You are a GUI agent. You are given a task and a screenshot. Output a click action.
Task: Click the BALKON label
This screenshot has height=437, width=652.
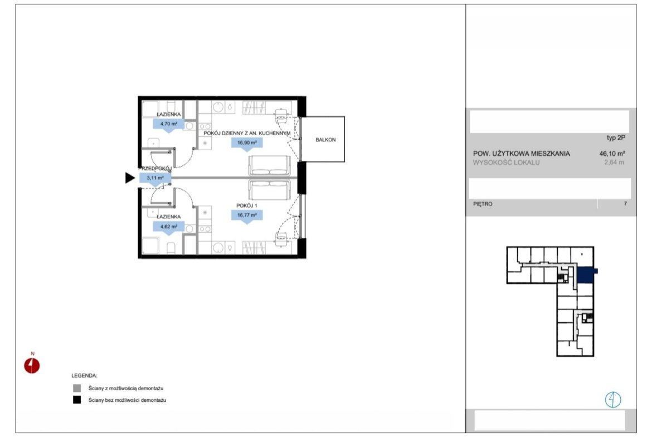[x=325, y=140]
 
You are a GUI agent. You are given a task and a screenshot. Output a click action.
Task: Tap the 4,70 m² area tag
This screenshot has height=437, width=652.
[x=169, y=125]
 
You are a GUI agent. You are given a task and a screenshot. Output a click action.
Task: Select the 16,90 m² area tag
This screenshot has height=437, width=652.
[x=247, y=144]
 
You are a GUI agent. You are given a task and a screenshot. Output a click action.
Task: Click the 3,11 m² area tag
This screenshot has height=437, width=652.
[x=155, y=179]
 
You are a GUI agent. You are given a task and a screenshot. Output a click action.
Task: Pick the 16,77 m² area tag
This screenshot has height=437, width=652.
[x=247, y=217]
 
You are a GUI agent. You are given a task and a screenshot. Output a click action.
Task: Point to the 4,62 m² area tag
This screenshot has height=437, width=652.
[x=169, y=228]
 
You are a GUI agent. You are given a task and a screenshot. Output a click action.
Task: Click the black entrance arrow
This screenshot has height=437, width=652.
[x=130, y=178]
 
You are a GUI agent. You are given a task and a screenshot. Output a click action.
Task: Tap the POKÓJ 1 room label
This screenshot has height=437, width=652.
[x=246, y=205]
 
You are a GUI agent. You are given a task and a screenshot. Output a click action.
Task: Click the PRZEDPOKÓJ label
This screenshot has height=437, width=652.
[x=155, y=168]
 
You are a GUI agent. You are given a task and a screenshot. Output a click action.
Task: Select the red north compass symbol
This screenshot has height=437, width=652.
[x=32, y=366]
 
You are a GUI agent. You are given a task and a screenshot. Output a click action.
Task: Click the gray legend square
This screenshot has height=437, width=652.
[x=77, y=388]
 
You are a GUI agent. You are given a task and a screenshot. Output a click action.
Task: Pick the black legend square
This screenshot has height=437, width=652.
[x=77, y=400]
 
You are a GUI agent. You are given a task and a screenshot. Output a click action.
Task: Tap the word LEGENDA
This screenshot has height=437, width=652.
[x=84, y=376]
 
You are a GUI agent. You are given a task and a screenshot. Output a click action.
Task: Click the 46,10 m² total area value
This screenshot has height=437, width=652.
[x=612, y=153]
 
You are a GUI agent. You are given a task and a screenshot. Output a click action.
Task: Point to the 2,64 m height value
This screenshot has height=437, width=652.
[x=614, y=163]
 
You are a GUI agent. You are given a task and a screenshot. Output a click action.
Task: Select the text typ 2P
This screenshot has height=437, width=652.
[x=616, y=138]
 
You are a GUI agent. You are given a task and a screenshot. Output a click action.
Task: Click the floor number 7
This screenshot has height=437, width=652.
[x=625, y=204]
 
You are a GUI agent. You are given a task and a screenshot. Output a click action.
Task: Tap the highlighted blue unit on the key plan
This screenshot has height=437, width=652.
[x=586, y=274]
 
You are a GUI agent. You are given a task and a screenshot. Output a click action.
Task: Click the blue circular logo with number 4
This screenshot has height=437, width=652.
[x=613, y=400]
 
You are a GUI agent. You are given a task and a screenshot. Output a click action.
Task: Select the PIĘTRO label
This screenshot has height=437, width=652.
[x=483, y=204]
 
